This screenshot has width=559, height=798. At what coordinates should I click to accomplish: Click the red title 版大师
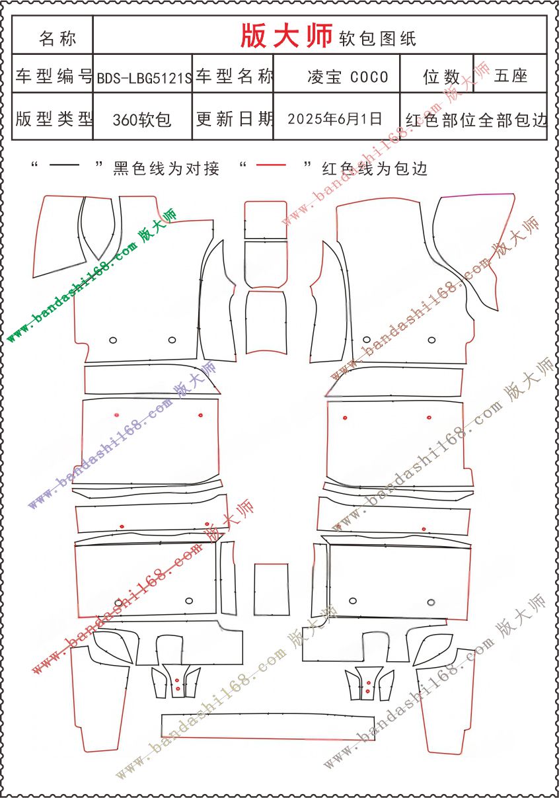(287, 36)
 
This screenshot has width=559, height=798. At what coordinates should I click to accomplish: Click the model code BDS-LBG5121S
(144, 77)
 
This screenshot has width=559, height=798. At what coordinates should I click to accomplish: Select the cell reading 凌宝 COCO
(348, 77)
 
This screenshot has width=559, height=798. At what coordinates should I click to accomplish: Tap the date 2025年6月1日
(335, 118)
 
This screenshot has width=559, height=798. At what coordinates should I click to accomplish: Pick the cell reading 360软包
(142, 120)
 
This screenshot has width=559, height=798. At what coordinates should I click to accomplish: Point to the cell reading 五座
(511, 76)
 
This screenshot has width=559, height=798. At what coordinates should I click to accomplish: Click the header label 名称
(57, 38)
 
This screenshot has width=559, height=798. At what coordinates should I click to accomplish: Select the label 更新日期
(235, 118)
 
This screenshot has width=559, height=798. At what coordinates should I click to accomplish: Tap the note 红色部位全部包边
(476, 120)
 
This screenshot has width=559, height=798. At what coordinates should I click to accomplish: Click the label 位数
(441, 77)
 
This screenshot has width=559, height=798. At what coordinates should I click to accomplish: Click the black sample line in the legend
(64, 165)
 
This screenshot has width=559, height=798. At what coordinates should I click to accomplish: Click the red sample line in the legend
(271, 165)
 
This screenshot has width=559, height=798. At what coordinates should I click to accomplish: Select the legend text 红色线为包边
(375, 169)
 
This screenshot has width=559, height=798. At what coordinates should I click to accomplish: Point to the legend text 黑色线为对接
(167, 169)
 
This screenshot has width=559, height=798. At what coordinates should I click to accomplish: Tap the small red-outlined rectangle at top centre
(266, 219)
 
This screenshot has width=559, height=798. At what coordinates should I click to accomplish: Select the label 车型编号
(54, 76)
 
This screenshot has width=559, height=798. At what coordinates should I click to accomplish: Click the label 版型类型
(54, 118)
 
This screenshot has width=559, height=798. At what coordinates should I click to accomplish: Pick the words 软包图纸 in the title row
(377, 38)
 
